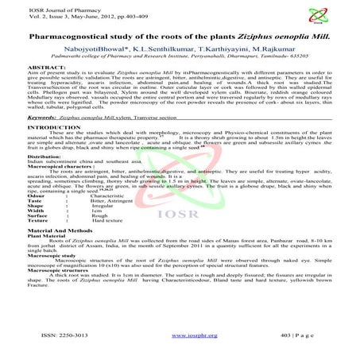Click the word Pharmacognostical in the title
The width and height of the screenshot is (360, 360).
[x=64, y=37]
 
